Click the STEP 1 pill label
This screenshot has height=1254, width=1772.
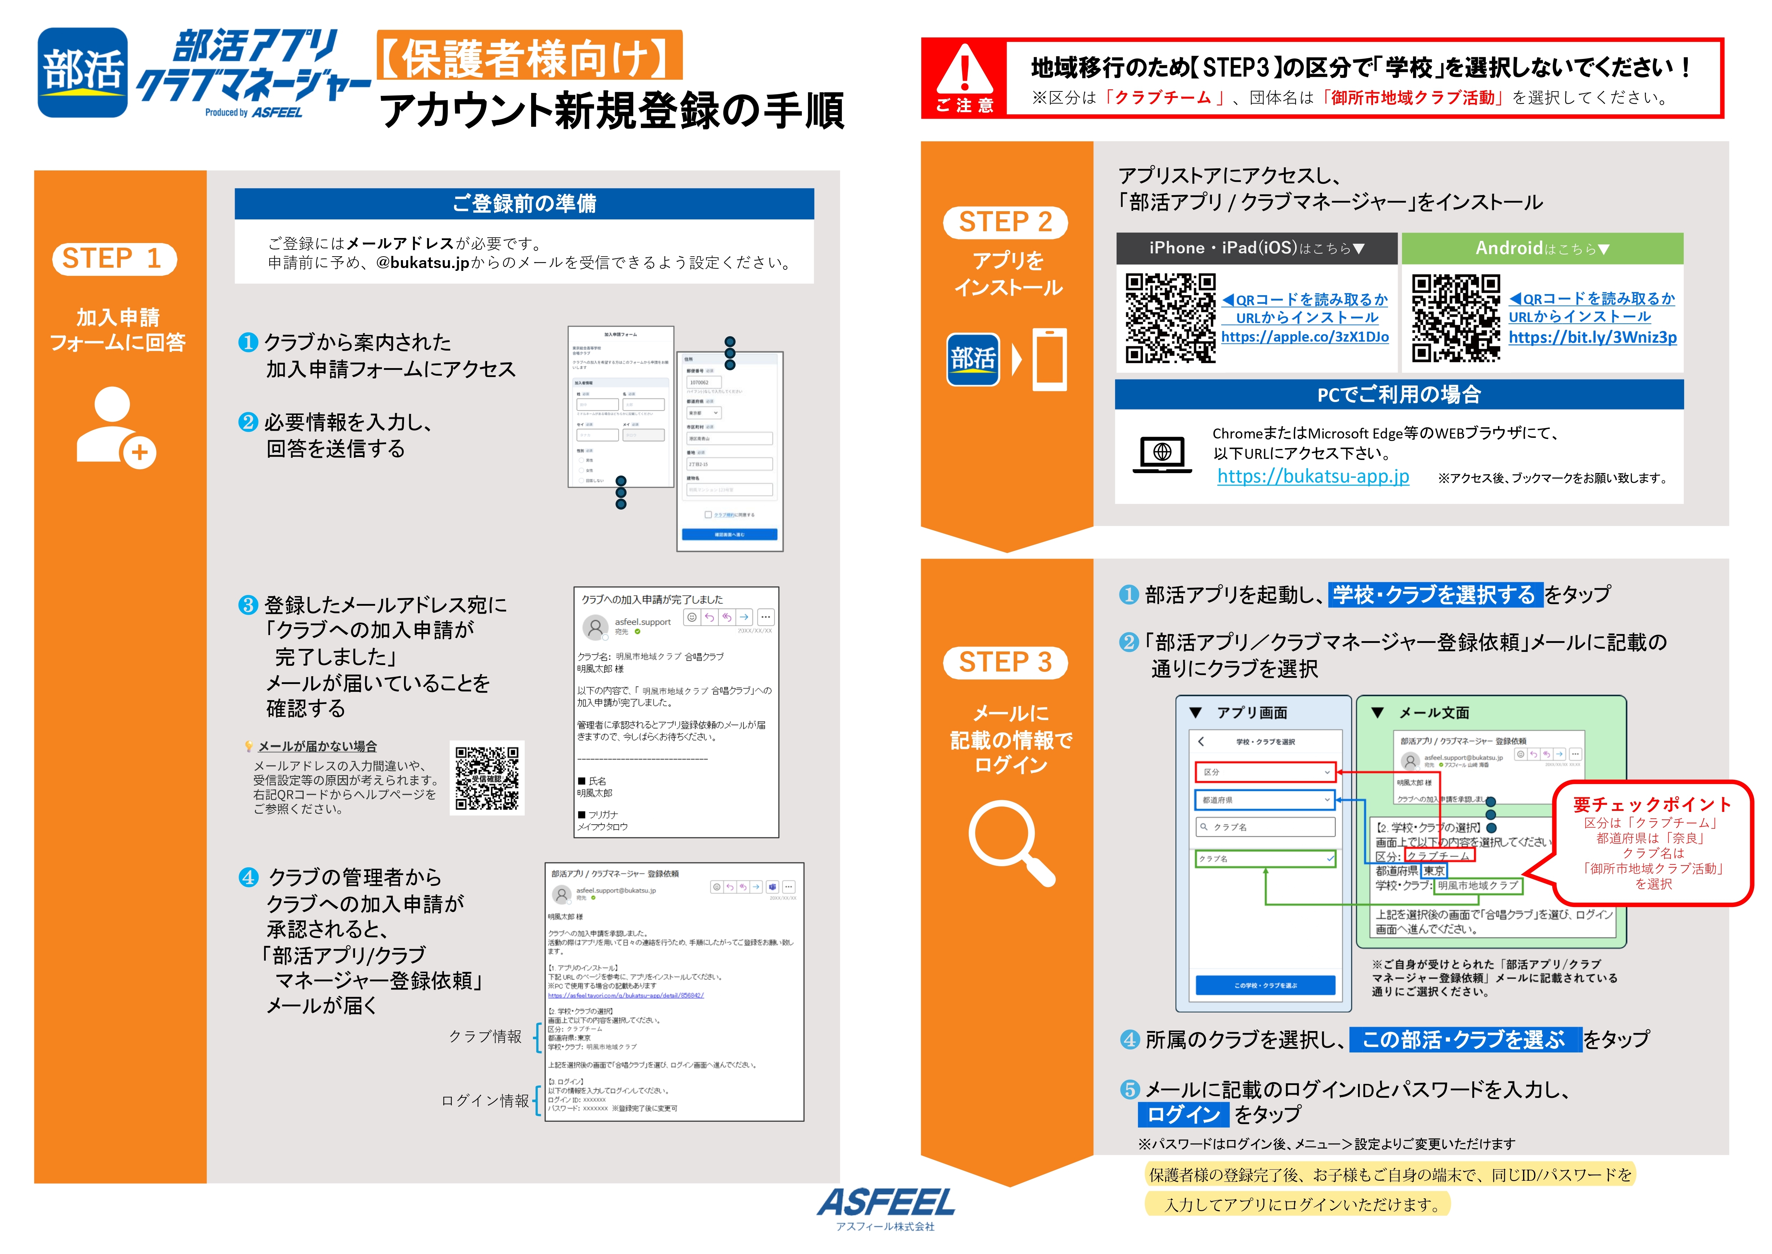tap(114, 259)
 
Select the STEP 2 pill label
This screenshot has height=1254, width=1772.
tap(1005, 222)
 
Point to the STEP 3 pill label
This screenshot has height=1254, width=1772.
tap(1005, 663)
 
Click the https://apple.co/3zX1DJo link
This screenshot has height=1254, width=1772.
tap(1304, 337)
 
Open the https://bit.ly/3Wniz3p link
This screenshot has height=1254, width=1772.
tap(1592, 337)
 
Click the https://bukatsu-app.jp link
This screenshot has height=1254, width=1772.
tap(1313, 476)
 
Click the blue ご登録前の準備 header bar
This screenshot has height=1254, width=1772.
tap(524, 204)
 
